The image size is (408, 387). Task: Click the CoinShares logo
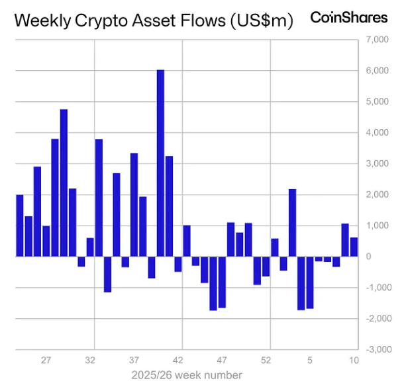point(348,18)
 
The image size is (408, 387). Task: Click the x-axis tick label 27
point(46,361)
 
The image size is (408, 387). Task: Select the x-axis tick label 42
point(178,361)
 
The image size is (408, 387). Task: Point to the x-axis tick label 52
point(266,361)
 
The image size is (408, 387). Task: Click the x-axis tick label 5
point(309,361)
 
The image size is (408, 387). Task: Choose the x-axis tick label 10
point(354,361)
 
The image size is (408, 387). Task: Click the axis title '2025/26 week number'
point(186,375)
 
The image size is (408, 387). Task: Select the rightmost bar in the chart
point(354,247)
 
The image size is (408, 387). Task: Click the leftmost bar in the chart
point(20,226)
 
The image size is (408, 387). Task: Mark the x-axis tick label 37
point(134,361)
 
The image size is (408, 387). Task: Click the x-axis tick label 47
point(222,361)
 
